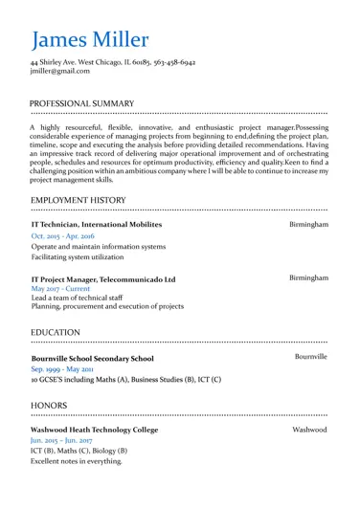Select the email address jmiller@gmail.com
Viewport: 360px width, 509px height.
66,73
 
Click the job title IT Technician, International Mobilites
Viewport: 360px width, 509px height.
97,223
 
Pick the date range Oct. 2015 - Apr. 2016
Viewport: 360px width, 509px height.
63,235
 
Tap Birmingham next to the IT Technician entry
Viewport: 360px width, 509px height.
309,223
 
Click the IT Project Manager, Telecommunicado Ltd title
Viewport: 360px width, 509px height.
103,279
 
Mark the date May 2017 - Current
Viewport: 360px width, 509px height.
61,288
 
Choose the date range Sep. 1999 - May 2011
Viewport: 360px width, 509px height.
63,368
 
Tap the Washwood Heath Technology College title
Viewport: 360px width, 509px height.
96,432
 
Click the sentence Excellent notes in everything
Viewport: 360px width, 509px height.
77,462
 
